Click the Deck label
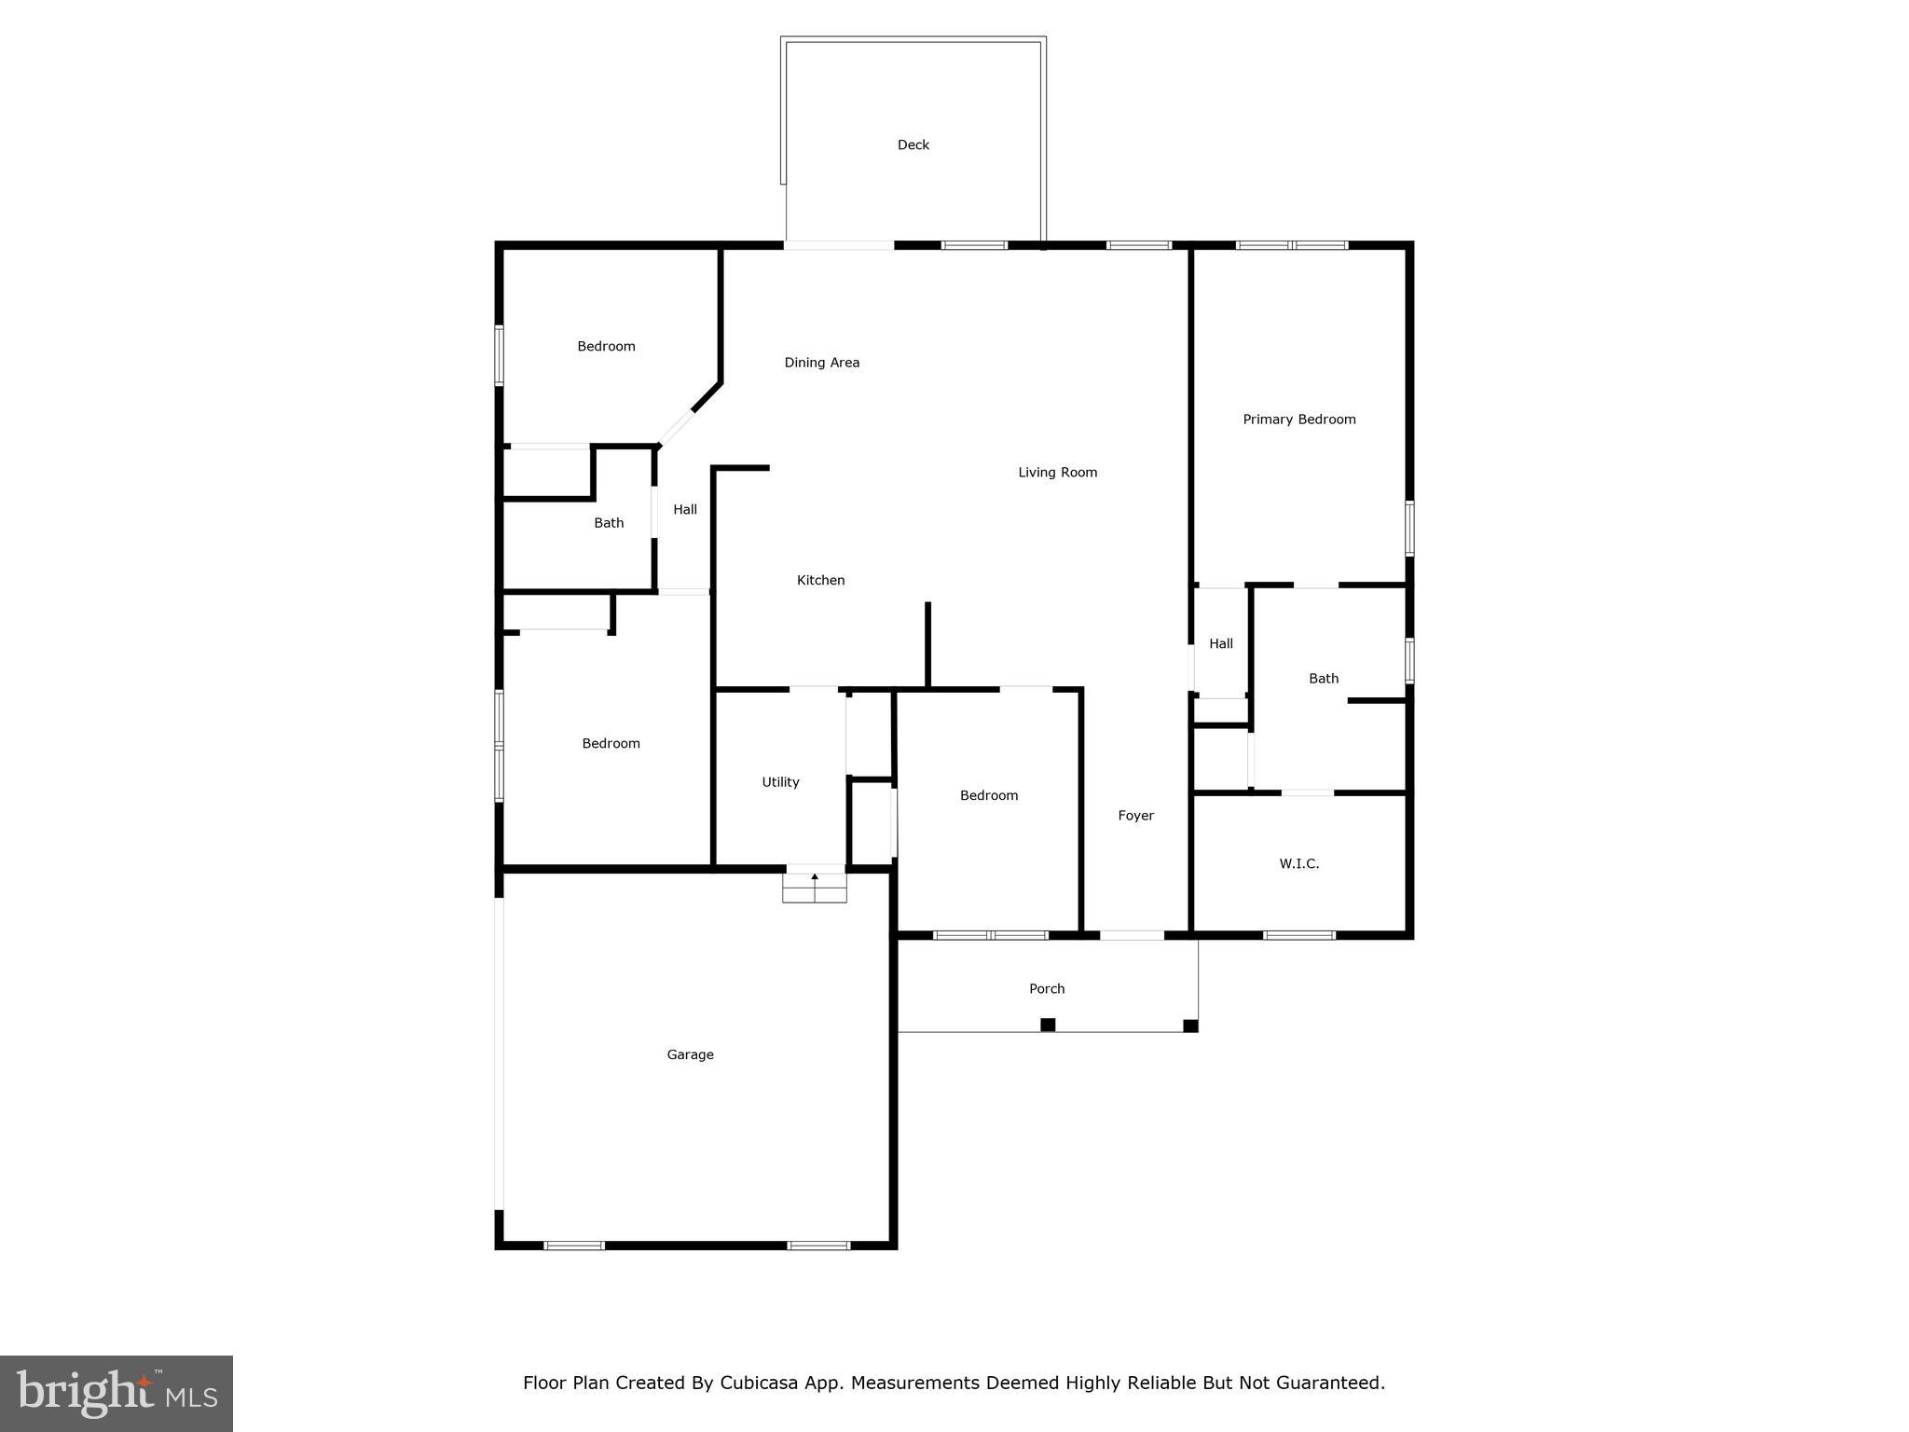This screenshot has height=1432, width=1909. point(913,145)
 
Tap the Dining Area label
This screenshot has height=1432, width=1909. point(821,363)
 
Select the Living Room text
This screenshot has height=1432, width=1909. point(1057,473)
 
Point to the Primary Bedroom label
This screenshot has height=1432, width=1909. point(1298,420)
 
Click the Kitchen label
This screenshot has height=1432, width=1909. point(820,580)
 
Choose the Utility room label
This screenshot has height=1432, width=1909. point(780,782)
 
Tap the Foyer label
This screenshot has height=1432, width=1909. point(1135,816)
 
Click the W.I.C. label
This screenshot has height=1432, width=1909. point(1298,864)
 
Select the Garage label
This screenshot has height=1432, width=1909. point(690,1054)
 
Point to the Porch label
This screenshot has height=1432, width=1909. point(1047,988)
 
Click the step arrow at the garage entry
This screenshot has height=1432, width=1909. point(815,877)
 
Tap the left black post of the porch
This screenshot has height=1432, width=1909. point(1048,1025)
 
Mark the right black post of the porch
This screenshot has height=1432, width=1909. point(1190,1026)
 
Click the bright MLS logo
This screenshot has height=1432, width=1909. point(117,1394)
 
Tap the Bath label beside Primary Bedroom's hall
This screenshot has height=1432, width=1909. point(1324,679)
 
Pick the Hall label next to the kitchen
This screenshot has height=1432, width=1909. point(685,510)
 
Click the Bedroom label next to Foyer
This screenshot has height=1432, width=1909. point(989,795)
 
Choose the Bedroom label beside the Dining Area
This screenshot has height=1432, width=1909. point(606,347)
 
